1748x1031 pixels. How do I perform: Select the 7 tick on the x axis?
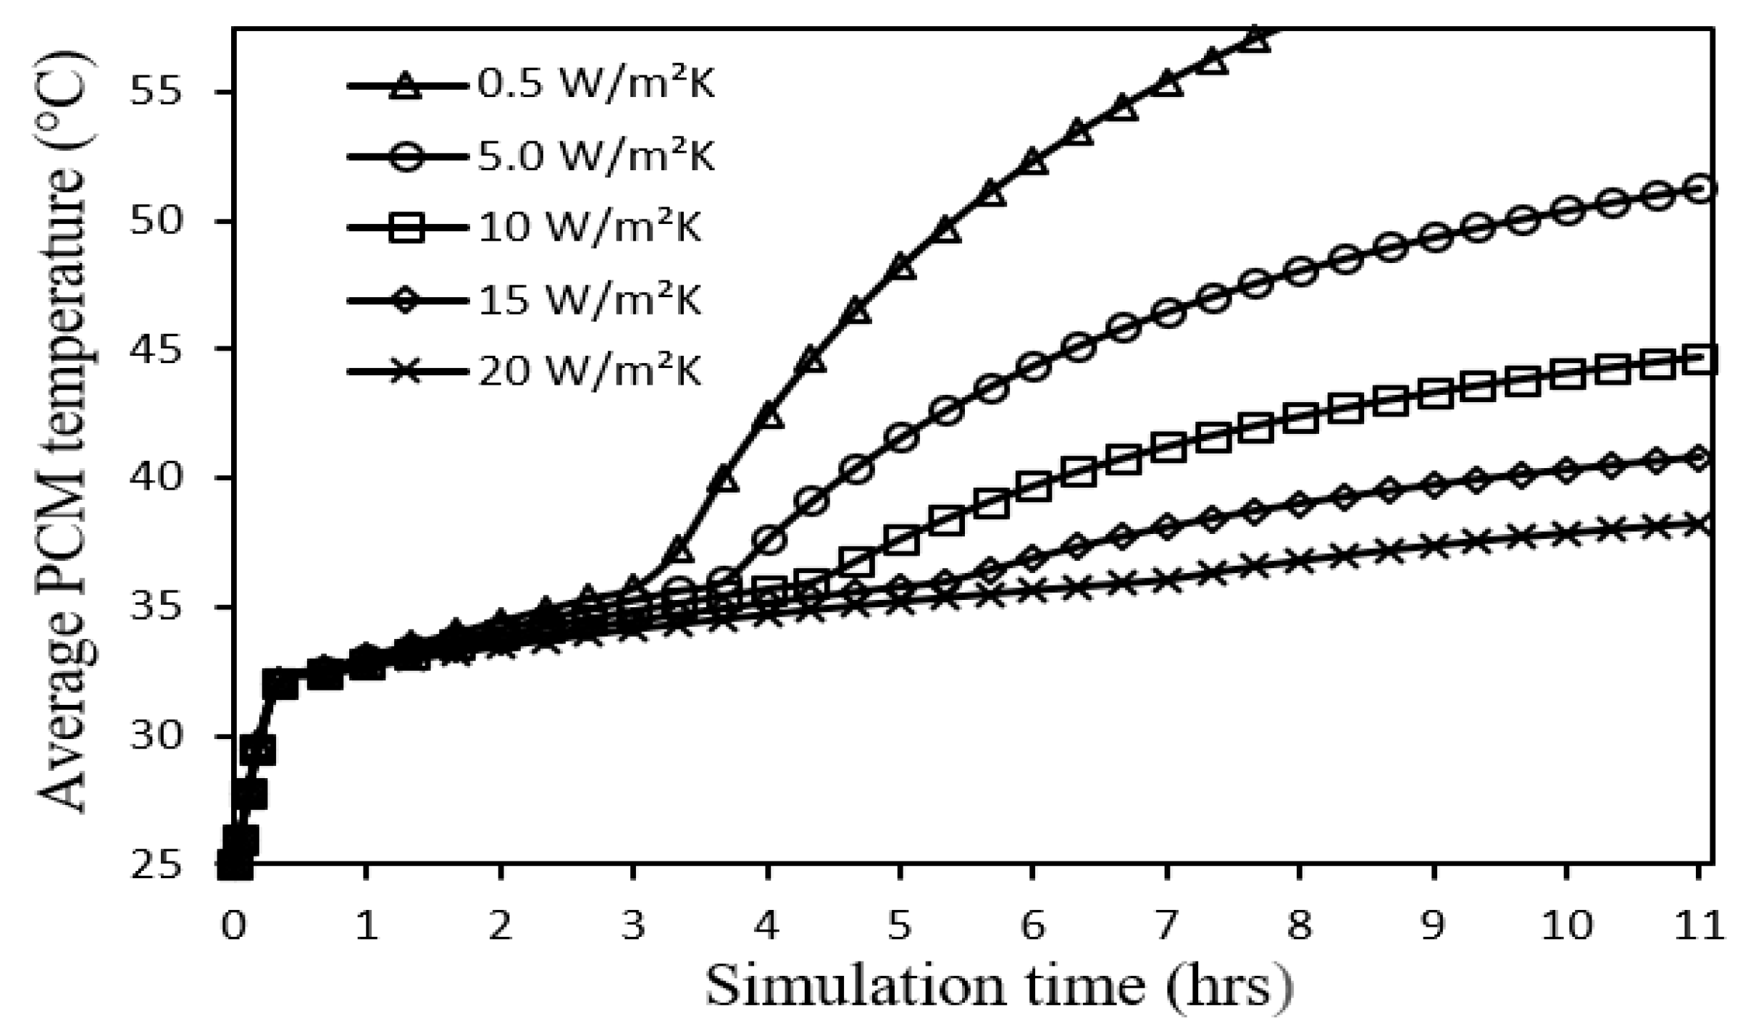tap(1166, 925)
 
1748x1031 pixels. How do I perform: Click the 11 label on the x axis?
tap(1697, 925)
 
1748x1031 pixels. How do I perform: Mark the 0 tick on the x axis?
tap(233, 925)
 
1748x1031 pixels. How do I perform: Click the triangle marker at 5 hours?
tap(900, 266)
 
